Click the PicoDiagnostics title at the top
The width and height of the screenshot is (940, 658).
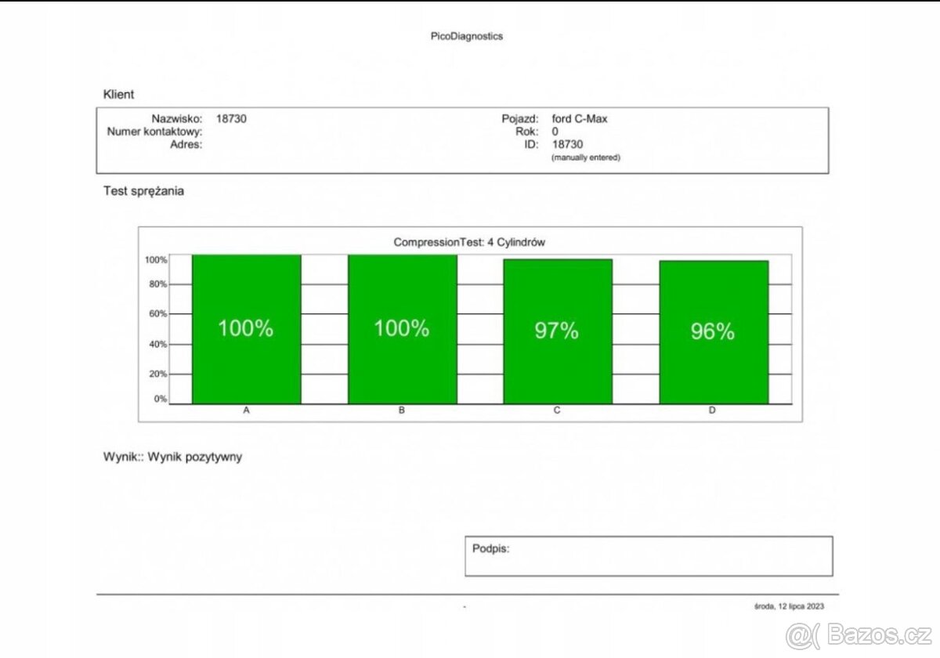[x=467, y=36]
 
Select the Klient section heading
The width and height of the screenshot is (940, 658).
[x=118, y=95]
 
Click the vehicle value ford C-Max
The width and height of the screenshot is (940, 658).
[x=579, y=119]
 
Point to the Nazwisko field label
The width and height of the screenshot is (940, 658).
[x=177, y=119]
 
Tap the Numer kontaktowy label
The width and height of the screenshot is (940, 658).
[x=154, y=132]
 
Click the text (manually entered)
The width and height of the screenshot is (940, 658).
[x=586, y=157]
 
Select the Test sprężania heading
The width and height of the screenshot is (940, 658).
[x=143, y=191]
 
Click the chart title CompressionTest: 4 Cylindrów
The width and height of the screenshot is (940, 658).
[x=469, y=243]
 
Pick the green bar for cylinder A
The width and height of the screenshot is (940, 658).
[x=246, y=368]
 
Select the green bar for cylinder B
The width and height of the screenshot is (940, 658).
[x=402, y=368]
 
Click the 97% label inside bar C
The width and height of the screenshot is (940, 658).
[x=556, y=331]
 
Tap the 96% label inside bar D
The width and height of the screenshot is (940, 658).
[x=712, y=332]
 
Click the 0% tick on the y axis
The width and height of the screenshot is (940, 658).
[x=160, y=399]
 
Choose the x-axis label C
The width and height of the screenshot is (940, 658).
[x=557, y=410]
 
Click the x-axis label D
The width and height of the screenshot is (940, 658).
[x=712, y=410]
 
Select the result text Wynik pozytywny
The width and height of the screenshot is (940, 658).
[x=195, y=457]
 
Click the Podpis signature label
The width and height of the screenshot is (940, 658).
[x=490, y=548]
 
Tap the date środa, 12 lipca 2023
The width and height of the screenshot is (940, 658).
[x=789, y=606]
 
